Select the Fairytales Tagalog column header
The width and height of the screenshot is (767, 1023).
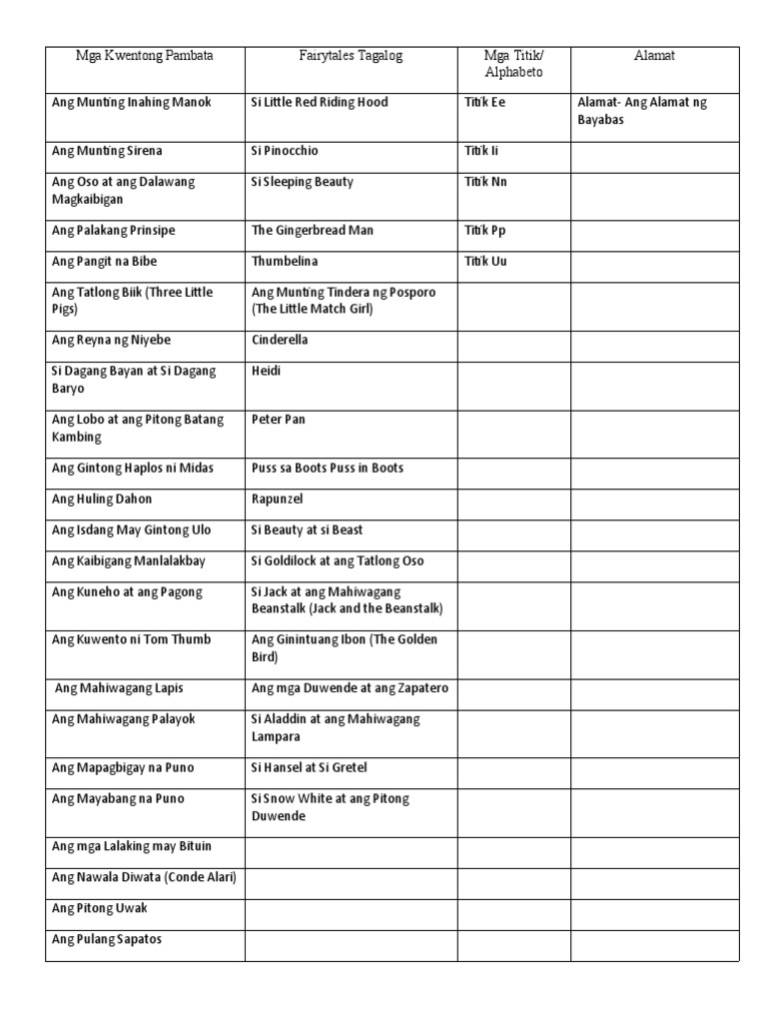click(x=351, y=56)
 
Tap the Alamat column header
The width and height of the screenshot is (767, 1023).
click(x=654, y=56)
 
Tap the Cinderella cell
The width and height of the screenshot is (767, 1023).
click(x=281, y=340)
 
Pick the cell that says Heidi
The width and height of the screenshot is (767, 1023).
click(x=267, y=371)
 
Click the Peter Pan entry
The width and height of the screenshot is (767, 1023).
click(x=279, y=420)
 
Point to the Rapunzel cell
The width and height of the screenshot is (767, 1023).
click(x=278, y=499)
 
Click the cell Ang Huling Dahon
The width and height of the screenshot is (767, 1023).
click(x=102, y=499)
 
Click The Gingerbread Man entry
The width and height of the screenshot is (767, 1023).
click(x=313, y=231)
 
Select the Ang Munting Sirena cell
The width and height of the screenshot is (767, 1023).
click(x=107, y=151)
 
